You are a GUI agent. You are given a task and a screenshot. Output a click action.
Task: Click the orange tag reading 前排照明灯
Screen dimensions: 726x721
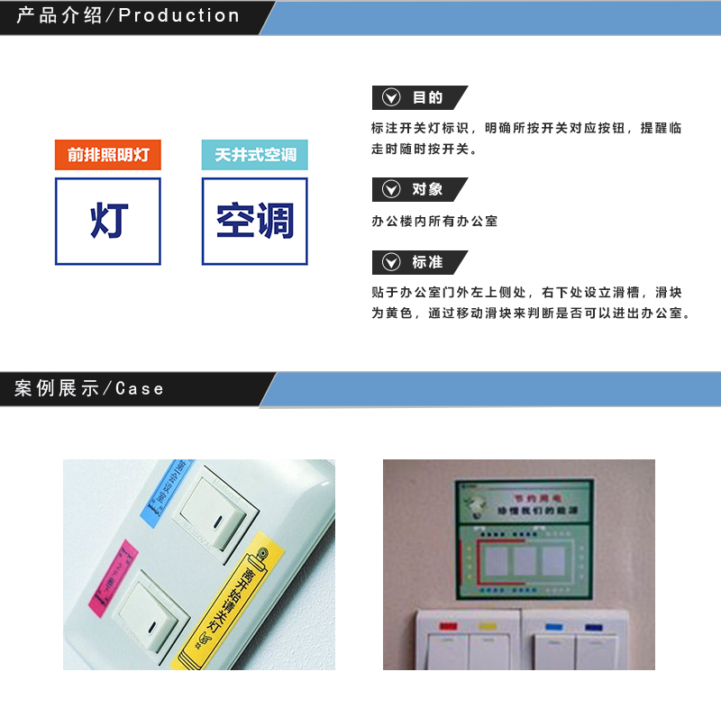click(108, 155)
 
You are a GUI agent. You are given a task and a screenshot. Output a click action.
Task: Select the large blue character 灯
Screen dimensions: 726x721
click(108, 221)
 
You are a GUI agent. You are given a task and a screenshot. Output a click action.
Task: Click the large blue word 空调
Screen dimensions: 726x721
click(255, 221)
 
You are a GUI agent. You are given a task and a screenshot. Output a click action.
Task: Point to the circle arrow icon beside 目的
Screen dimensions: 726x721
click(391, 97)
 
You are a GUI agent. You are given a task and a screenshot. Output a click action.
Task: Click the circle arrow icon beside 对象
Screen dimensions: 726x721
click(391, 189)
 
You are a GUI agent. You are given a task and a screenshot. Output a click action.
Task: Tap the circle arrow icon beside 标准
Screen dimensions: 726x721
click(391, 262)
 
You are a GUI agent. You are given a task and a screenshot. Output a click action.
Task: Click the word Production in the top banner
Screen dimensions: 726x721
click(179, 16)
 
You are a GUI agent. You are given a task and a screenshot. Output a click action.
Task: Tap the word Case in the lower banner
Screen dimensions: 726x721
click(140, 389)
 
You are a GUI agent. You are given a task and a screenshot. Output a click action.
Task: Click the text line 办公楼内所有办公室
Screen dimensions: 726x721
click(434, 221)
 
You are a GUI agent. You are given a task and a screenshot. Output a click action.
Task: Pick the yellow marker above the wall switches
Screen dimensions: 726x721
click(487, 624)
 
